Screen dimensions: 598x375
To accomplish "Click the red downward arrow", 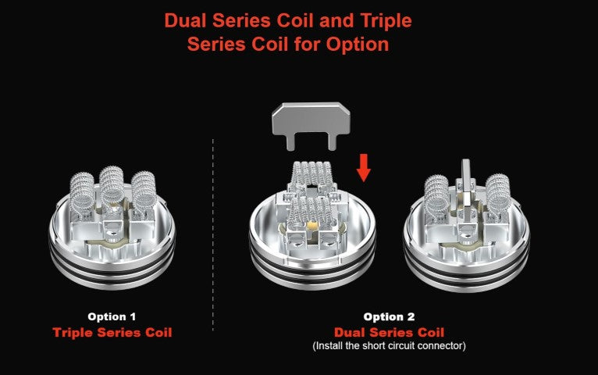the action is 364,168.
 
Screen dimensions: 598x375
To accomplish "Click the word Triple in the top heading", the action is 386,20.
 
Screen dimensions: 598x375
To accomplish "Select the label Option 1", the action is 112,316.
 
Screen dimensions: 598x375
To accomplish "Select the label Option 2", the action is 389,316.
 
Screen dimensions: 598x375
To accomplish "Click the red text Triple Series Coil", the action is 112,332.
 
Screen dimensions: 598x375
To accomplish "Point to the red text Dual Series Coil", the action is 389,332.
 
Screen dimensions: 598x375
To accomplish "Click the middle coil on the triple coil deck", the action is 112,186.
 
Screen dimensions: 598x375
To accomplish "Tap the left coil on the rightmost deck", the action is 436,195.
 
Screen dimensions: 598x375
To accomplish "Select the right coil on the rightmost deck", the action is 498,195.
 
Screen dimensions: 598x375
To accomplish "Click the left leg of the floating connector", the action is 291,143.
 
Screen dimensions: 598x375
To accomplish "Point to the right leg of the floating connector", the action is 332,143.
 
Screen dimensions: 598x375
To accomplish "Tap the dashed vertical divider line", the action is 213,234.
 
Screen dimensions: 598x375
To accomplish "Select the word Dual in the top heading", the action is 186,20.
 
